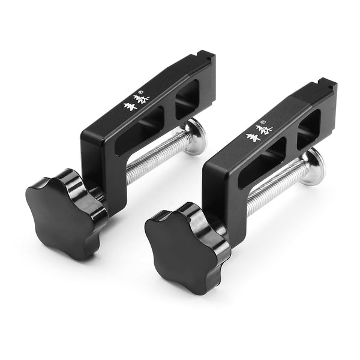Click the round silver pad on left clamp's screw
click(196, 137)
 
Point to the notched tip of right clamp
click(326, 88)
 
